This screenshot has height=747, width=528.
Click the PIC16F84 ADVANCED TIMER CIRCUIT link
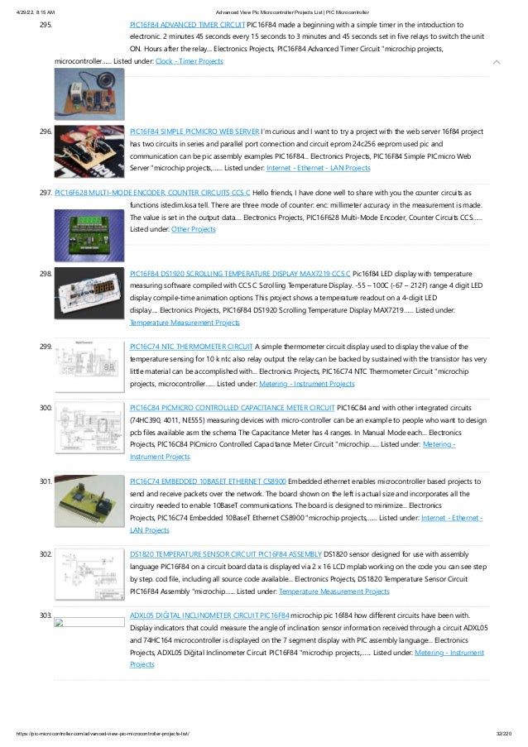tap(187, 25)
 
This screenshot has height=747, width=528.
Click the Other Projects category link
tap(193, 228)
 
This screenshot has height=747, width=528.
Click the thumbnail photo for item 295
tap(89, 93)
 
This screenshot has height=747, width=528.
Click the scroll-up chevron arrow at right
tap(495, 62)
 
